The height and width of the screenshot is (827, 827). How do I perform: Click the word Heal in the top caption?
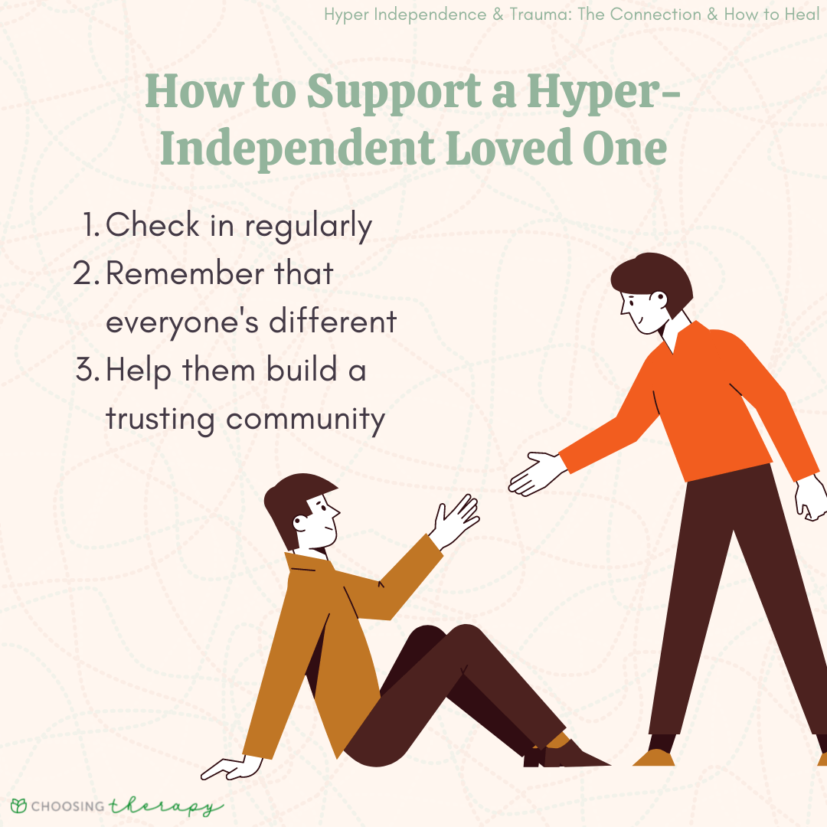(802, 15)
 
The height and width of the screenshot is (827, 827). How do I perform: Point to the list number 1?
(90, 224)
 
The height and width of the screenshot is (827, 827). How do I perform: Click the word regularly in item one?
(308, 227)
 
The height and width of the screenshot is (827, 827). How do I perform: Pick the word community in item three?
(306, 420)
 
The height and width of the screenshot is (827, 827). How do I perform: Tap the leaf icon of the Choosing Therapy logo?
(18, 806)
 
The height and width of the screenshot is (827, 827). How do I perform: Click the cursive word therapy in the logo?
(165, 806)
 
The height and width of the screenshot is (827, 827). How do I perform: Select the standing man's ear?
(659, 299)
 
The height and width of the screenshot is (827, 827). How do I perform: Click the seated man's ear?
(300, 523)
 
